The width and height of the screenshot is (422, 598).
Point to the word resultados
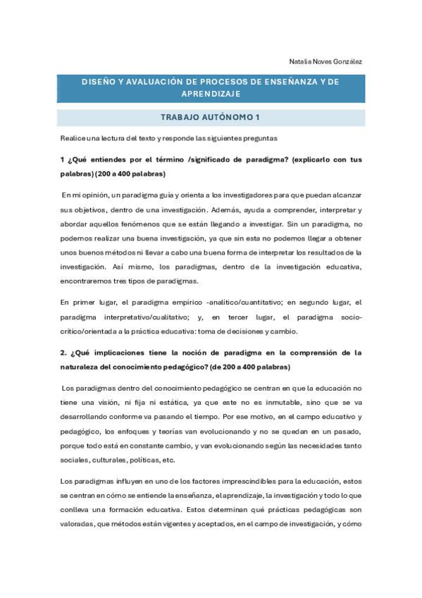point(325,252)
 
